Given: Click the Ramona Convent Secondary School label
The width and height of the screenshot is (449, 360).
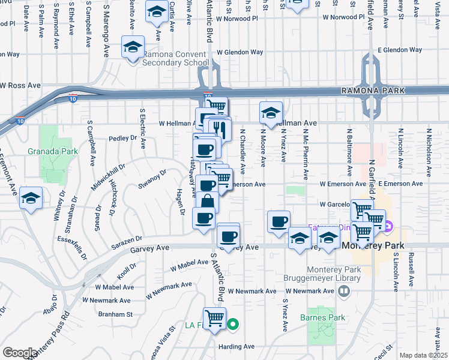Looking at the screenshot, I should [x=175, y=58].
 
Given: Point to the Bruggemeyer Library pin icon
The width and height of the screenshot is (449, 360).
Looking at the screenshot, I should [x=343, y=292].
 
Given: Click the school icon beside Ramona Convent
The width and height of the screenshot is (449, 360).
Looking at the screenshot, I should [x=133, y=47].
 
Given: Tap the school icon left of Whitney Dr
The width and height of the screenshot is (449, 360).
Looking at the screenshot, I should [x=30, y=199].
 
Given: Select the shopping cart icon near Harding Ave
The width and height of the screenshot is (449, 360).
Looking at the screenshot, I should [x=214, y=317].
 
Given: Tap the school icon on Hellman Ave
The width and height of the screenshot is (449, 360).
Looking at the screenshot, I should [x=271, y=113].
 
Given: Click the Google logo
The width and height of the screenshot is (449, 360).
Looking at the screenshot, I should [x=20, y=353].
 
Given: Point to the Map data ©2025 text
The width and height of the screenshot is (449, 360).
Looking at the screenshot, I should [x=423, y=355].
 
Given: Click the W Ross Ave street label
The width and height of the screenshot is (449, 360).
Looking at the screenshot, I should [x=20, y=86].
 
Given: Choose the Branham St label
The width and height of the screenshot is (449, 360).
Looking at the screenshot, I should [x=116, y=314].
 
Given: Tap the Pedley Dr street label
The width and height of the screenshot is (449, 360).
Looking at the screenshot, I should [x=123, y=138].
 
